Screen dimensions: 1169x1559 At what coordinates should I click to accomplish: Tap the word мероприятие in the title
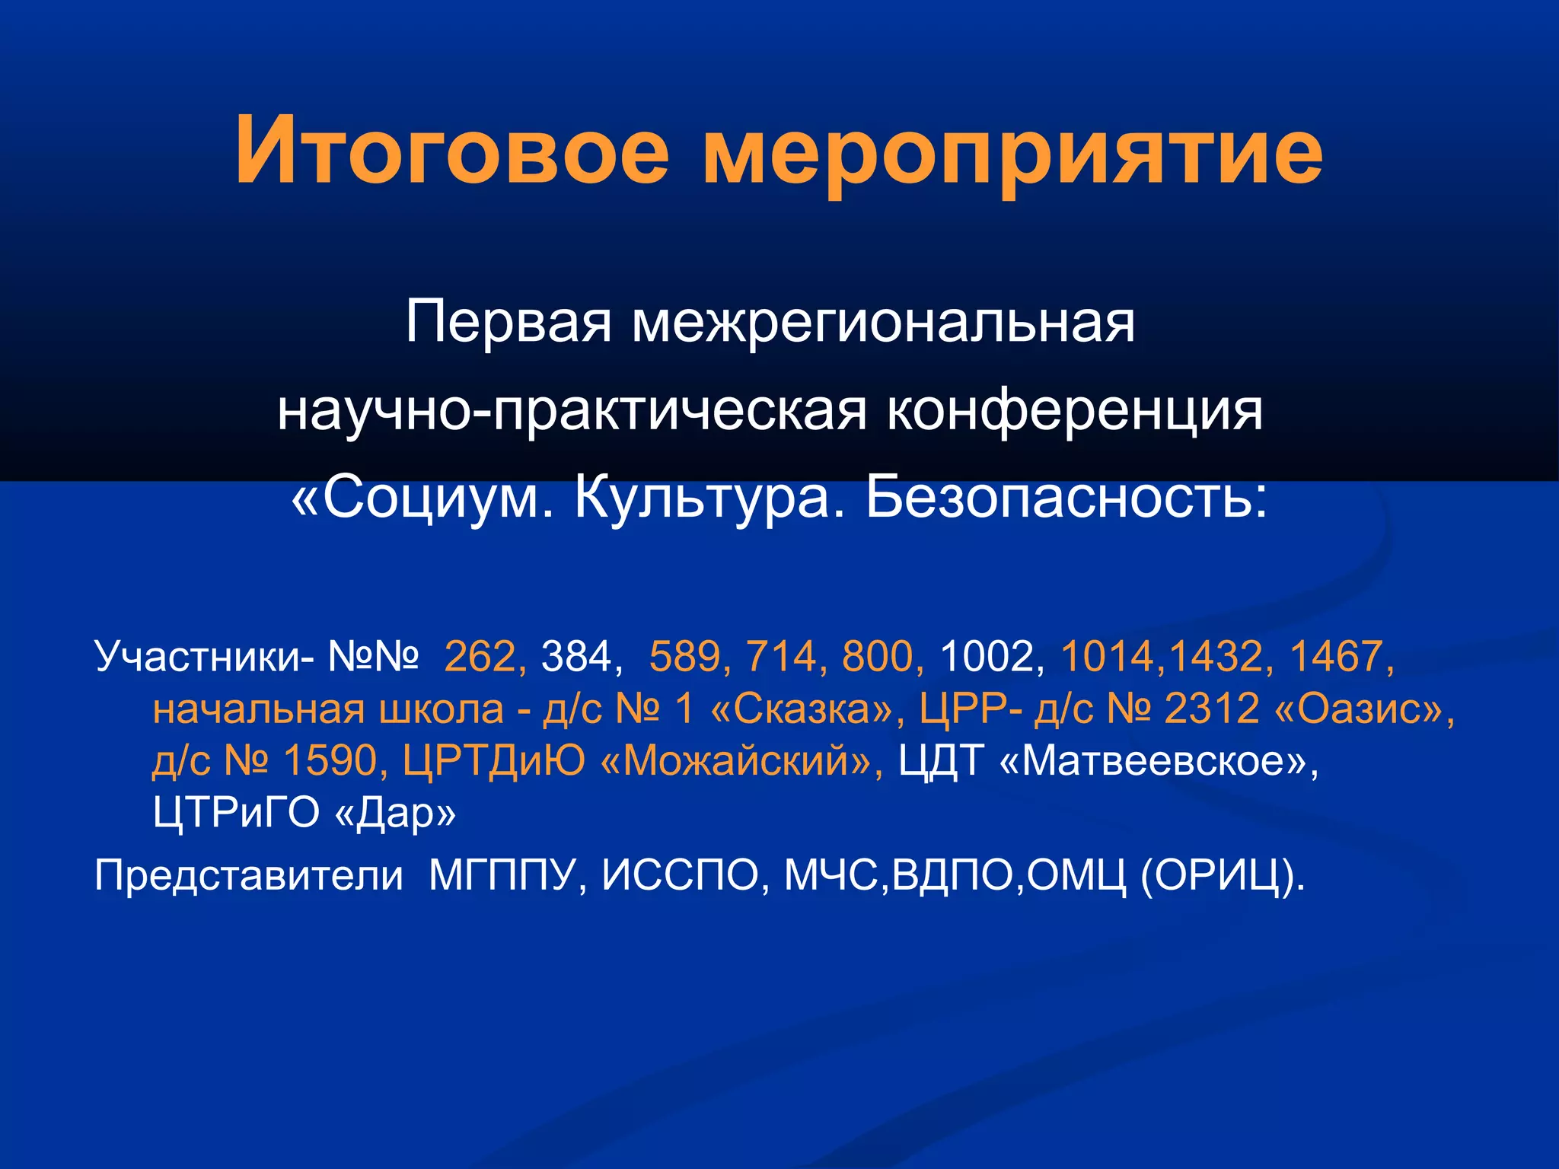coord(1012,152)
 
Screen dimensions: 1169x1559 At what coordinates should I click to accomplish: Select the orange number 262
coord(480,656)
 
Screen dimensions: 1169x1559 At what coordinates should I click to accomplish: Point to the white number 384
coord(576,656)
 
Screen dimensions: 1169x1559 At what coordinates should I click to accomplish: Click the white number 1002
coord(987,656)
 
